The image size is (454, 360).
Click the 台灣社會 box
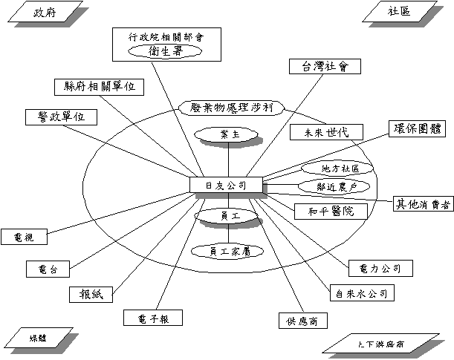[325, 66]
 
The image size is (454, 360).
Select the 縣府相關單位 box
[99, 86]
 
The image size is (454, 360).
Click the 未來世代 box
[326, 132]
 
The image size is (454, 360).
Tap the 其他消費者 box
[421, 203]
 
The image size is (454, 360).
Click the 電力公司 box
[375, 267]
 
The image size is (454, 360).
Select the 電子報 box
[152, 318]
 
